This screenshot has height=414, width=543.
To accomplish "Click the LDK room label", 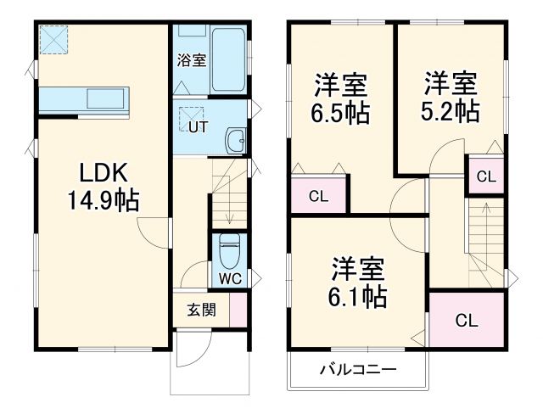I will pyautogui.click(x=104, y=173).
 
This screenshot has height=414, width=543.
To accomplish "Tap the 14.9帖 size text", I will pyautogui.click(x=104, y=201).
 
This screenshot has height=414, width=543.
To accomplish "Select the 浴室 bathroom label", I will pyautogui.click(x=191, y=60).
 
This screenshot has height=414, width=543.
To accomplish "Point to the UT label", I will pyautogui.click(x=196, y=128).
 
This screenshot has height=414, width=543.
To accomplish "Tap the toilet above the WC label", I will pyautogui.click(x=228, y=249).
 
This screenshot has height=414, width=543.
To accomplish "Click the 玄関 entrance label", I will pyautogui.click(x=201, y=309).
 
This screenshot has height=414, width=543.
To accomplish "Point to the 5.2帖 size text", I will pyautogui.click(x=451, y=111).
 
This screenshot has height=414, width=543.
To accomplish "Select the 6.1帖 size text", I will pyautogui.click(x=358, y=295).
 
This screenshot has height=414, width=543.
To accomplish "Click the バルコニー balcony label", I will pyautogui.click(x=358, y=370).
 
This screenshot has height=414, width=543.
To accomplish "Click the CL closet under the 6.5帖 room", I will pyautogui.click(x=317, y=197).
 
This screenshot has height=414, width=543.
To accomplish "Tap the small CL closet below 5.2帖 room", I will pyautogui.click(x=485, y=176).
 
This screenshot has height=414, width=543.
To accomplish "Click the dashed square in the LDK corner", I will pyautogui.click(x=53, y=39).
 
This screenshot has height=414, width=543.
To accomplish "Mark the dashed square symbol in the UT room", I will pyautogui.click(x=192, y=111).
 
